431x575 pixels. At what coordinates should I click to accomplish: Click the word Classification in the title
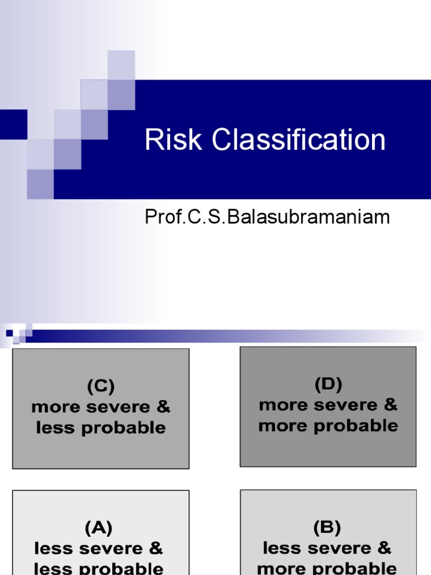(299, 140)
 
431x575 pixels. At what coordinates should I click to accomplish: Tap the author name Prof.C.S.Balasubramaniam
(267, 217)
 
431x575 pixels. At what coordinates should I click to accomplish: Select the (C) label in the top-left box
(101, 386)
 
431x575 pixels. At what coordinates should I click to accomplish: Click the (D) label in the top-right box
(328, 385)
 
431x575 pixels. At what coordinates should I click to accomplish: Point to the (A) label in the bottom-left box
(99, 528)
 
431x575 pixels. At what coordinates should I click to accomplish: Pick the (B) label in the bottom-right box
(327, 528)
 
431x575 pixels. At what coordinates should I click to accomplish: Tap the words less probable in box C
(101, 428)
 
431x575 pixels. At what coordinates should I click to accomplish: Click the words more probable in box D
(328, 426)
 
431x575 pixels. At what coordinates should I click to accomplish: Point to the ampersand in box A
(157, 547)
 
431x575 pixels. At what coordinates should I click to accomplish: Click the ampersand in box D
(390, 405)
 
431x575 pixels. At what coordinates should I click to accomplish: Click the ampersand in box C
(163, 407)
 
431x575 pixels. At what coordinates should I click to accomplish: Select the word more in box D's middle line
(279, 405)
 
